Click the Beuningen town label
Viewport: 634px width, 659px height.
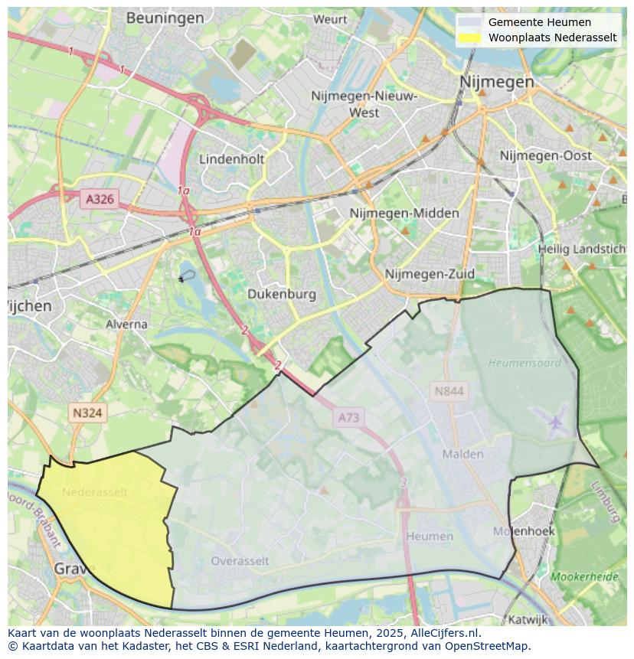(165, 18)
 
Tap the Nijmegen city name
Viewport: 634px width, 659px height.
(497, 82)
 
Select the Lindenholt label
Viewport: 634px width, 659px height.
(231, 159)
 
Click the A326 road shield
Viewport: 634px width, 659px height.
(100, 200)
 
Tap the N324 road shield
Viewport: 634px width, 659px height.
(87, 413)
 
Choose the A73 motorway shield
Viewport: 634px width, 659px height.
(348, 418)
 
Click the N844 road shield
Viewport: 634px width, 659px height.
(449, 392)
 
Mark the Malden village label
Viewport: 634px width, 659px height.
(462, 454)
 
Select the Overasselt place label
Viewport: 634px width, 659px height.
(240, 561)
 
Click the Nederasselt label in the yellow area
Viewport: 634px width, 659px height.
(95, 492)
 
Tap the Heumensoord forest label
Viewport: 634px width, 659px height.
(524, 363)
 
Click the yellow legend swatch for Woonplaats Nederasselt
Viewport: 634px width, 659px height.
(470, 38)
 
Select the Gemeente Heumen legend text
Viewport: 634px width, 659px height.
(539, 22)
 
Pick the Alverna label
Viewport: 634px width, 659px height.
(126, 324)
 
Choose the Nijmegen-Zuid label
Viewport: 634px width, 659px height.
(430, 274)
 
